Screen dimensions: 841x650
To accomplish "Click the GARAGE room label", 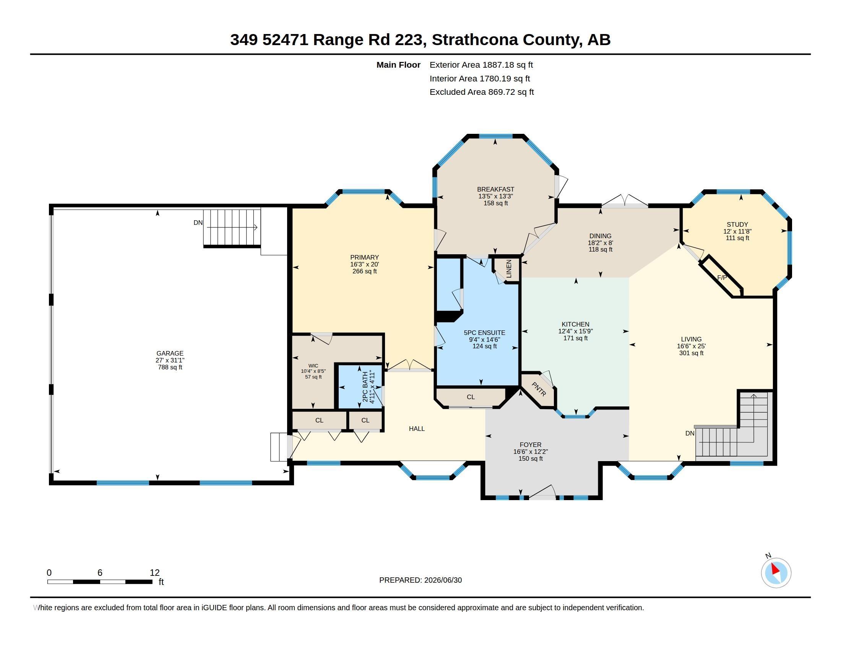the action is [170, 353].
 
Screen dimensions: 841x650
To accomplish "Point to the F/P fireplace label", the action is [722, 278].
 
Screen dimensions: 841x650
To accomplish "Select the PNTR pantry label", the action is [539, 389].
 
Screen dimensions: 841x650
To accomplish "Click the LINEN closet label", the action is [509, 269].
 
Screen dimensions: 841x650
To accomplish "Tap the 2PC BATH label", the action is [365, 387].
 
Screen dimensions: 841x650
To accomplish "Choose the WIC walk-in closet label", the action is [313, 366].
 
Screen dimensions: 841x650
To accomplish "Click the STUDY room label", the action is [737, 224].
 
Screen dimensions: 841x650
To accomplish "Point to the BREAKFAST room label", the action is [495, 189].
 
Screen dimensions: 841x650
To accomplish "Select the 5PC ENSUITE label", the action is [484, 333].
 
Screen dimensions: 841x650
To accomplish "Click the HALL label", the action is [417, 429].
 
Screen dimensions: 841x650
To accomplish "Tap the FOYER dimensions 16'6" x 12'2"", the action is [531, 452].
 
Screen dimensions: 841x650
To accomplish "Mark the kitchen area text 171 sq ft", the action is [576, 338].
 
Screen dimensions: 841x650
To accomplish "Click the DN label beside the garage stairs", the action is [198, 223].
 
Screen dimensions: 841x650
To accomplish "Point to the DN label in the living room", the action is [690, 433].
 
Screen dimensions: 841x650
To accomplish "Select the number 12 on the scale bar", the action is [154, 573].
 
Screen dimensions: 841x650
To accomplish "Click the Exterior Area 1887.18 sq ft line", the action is [481, 65].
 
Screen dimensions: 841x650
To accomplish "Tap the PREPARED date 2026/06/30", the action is [443, 580].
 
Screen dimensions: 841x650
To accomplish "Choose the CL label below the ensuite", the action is [471, 397].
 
